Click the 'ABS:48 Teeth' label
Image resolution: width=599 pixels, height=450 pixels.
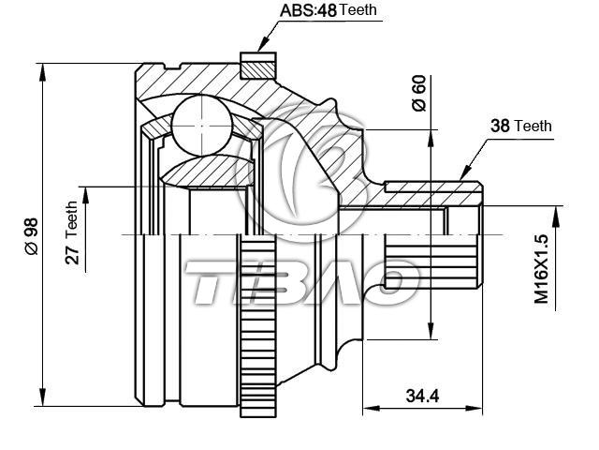tap(329, 10)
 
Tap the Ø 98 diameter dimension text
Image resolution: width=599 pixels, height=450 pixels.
tap(31, 236)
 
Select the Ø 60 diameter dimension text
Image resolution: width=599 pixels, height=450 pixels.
tap(418, 94)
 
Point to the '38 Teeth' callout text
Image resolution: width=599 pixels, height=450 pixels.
tap(521, 126)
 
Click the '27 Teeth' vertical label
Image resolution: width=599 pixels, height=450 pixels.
tap(72, 232)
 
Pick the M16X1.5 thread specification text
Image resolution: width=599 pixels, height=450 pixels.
tap(541, 269)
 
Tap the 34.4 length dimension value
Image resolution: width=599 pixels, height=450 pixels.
tap(422, 396)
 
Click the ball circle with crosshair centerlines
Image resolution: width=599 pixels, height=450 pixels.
tap(202, 126)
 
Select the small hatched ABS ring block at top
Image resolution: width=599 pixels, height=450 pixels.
tap(258, 66)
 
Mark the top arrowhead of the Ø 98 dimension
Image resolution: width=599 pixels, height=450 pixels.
tap(42, 72)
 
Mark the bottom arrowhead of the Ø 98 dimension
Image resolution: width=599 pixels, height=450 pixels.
tap(42, 397)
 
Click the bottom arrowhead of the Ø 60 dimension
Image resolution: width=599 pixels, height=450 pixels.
tap(431, 330)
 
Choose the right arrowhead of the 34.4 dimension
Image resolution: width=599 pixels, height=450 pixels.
tap(474, 409)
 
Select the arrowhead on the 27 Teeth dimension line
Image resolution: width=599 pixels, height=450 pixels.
tap(85, 196)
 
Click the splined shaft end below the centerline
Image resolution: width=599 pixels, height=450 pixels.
tap(432, 262)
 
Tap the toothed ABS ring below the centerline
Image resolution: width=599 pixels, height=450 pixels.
tap(258, 326)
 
